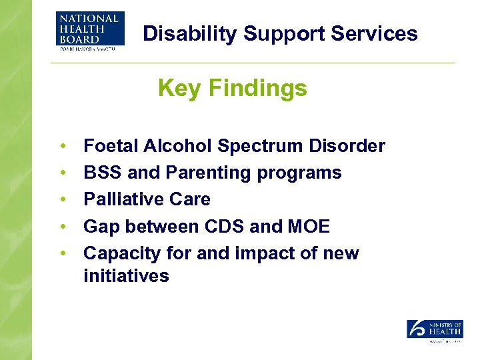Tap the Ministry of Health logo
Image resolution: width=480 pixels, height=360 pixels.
pyautogui.click(x=435, y=330)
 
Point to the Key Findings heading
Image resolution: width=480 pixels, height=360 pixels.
pyautogui.click(x=232, y=88)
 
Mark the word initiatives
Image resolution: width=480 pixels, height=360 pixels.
pyautogui.click(x=126, y=275)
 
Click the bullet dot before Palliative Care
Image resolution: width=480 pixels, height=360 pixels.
pyautogui.click(x=62, y=200)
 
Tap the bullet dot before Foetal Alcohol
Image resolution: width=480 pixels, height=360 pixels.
pyautogui.click(x=62, y=146)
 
